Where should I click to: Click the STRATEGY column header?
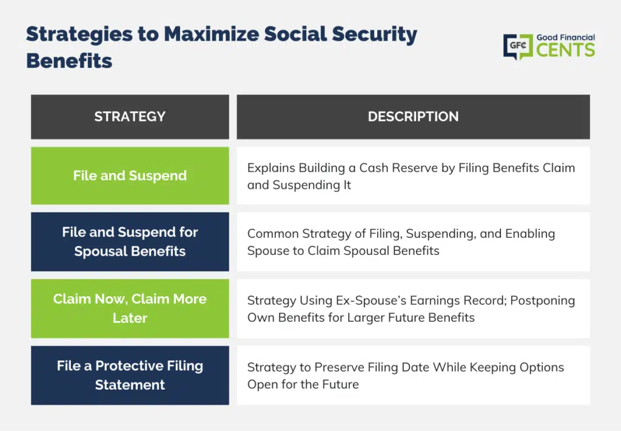[x=130, y=117]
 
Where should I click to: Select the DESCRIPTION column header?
[x=413, y=117]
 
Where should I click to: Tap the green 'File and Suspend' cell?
[x=130, y=175]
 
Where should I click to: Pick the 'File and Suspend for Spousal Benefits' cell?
[x=130, y=242]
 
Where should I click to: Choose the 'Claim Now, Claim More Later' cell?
[x=130, y=308]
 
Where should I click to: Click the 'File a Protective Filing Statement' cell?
[x=130, y=375]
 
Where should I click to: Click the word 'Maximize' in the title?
[x=210, y=34]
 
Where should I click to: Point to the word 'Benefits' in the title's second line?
[x=69, y=61]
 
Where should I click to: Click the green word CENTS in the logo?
[x=566, y=50]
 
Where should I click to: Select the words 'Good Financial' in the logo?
[x=566, y=37]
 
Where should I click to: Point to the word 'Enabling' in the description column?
[x=530, y=234]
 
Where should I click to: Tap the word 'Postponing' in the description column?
[x=543, y=301]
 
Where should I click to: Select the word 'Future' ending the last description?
[x=340, y=384]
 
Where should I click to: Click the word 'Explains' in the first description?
[x=271, y=168]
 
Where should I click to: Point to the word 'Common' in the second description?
[x=273, y=234]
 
